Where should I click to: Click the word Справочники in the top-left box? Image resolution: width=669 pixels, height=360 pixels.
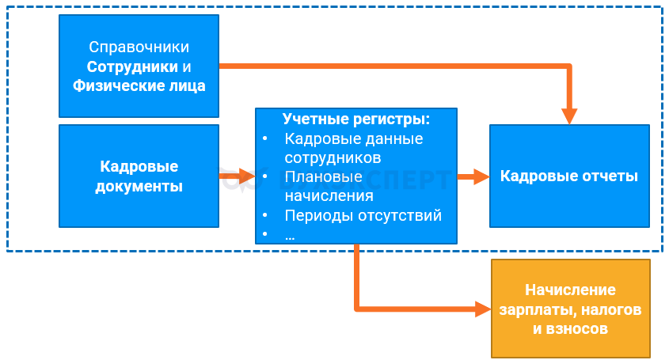(x=139, y=48)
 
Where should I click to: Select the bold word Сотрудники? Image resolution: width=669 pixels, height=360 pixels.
(x=127, y=67)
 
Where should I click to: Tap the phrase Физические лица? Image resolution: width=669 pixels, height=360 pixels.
(x=139, y=85)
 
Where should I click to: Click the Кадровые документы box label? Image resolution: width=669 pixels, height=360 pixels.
(x=139, y=176)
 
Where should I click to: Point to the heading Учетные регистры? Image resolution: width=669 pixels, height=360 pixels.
(x=356, y=119)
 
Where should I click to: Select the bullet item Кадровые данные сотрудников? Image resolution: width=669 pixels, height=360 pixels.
(x=353, y=148)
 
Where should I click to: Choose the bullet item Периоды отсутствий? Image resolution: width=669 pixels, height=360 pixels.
(x=362, y=214)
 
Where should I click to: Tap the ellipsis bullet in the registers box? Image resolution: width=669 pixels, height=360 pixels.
(x=289, y=234)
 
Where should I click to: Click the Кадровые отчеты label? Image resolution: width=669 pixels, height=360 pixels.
(x=569, y=176)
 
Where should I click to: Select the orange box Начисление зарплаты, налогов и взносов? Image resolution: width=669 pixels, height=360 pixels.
(x=570, y=309)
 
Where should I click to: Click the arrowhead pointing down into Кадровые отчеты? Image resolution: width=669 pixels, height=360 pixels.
(x=569, y=116)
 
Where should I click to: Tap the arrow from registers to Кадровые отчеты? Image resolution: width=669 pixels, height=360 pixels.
(x=473, y=176)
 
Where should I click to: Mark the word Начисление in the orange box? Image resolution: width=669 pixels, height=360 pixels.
(x=570, y=290)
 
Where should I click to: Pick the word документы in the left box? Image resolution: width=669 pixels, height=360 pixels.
(x=139, y=187)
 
